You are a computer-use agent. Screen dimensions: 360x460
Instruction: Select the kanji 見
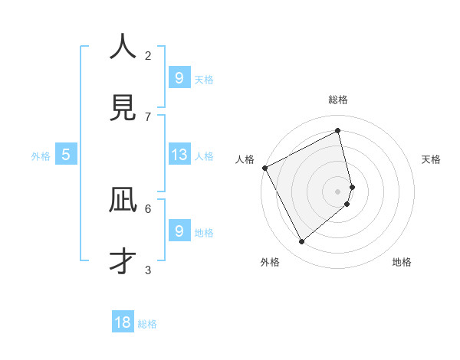click(x=123, y=107)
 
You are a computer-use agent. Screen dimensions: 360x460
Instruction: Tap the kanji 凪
click(x=123, y=201)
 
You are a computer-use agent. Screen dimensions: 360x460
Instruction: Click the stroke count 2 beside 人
click(x=148, y=55)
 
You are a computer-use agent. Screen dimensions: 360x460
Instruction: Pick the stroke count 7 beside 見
click(x=148, y=116)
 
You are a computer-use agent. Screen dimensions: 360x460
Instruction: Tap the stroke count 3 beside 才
click(x=148, y=270)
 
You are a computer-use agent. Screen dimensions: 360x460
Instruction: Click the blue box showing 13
click(x=179, y=155)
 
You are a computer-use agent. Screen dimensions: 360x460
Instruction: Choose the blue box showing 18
click(x=123, y=322)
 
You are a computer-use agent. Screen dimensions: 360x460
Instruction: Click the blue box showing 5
click(x=66, y=155)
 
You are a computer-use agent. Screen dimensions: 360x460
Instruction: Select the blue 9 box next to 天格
click(x=179, y=77)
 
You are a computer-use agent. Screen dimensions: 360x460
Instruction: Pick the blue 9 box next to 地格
click(x=179, y=231)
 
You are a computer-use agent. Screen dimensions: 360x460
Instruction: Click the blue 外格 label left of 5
click(x=41, y=156)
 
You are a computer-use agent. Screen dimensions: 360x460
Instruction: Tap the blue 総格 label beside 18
click(x=147, y=324)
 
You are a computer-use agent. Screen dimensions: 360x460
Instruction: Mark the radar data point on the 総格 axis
click(x=338, y=131)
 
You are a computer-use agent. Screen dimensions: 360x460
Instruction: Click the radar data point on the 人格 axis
click(x=264, y=168)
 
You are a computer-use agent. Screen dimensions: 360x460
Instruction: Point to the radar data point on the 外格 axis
click(x=301, y=242)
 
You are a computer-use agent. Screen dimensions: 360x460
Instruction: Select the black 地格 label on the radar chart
click(x=402, y=262)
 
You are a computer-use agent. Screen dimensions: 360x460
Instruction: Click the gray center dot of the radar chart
click(x=338, y=191)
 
